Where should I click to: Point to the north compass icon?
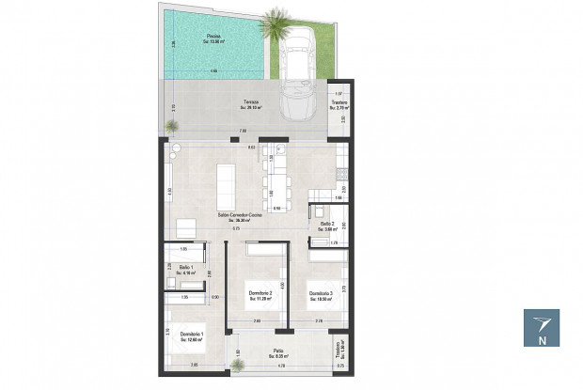pos(541,328)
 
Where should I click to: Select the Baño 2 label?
pos(326,226)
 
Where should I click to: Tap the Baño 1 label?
pos(186,271)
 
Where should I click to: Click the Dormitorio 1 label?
pos(192,335)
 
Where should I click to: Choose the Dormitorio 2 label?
pos(260,295)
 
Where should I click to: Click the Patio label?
pos(279,355)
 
